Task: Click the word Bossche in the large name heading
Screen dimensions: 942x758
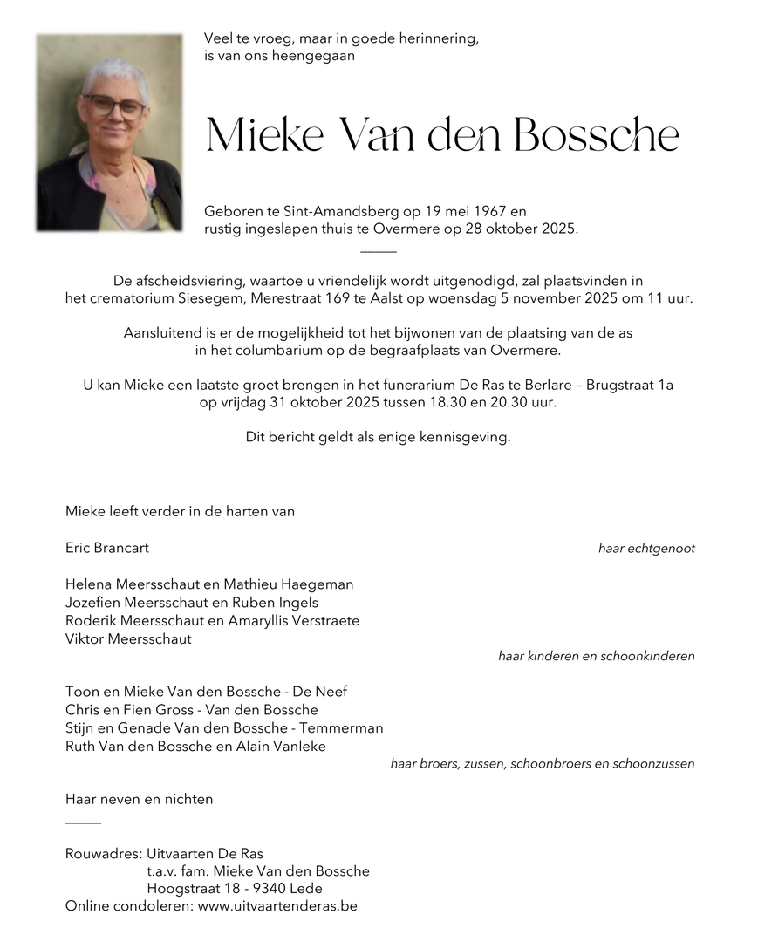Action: [x=596, y=135]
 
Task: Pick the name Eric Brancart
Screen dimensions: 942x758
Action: [x=107, y=548]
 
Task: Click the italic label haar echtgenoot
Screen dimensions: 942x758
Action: [x=646, y=549]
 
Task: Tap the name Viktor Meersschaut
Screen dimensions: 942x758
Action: [x=128, y=638]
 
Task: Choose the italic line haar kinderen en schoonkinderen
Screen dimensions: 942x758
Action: [x=596, y=656]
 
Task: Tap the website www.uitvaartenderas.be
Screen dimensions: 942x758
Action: [x=277, y=906]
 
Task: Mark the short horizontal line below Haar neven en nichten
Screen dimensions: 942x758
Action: [x=83, y=823]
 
